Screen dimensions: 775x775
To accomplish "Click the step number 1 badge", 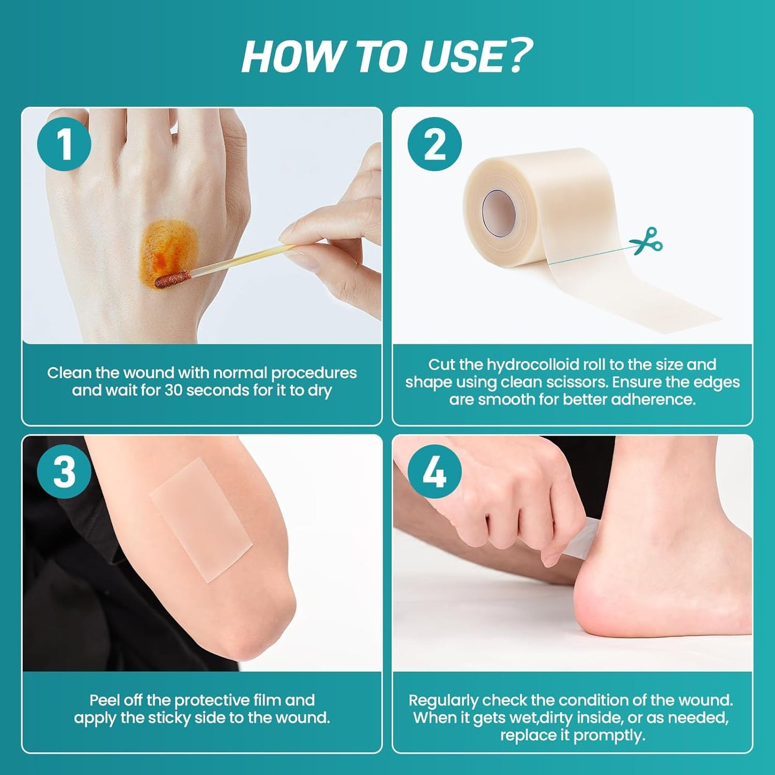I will (x=64, y=144).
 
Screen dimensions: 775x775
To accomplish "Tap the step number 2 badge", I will (x=434, y=144).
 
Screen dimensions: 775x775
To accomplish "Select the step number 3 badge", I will (x=64, y=471).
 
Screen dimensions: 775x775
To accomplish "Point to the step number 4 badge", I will (x=434, y=471).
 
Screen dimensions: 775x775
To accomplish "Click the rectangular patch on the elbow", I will (x=201, y=519).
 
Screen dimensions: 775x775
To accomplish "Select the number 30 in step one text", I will (x=174, y=390).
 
